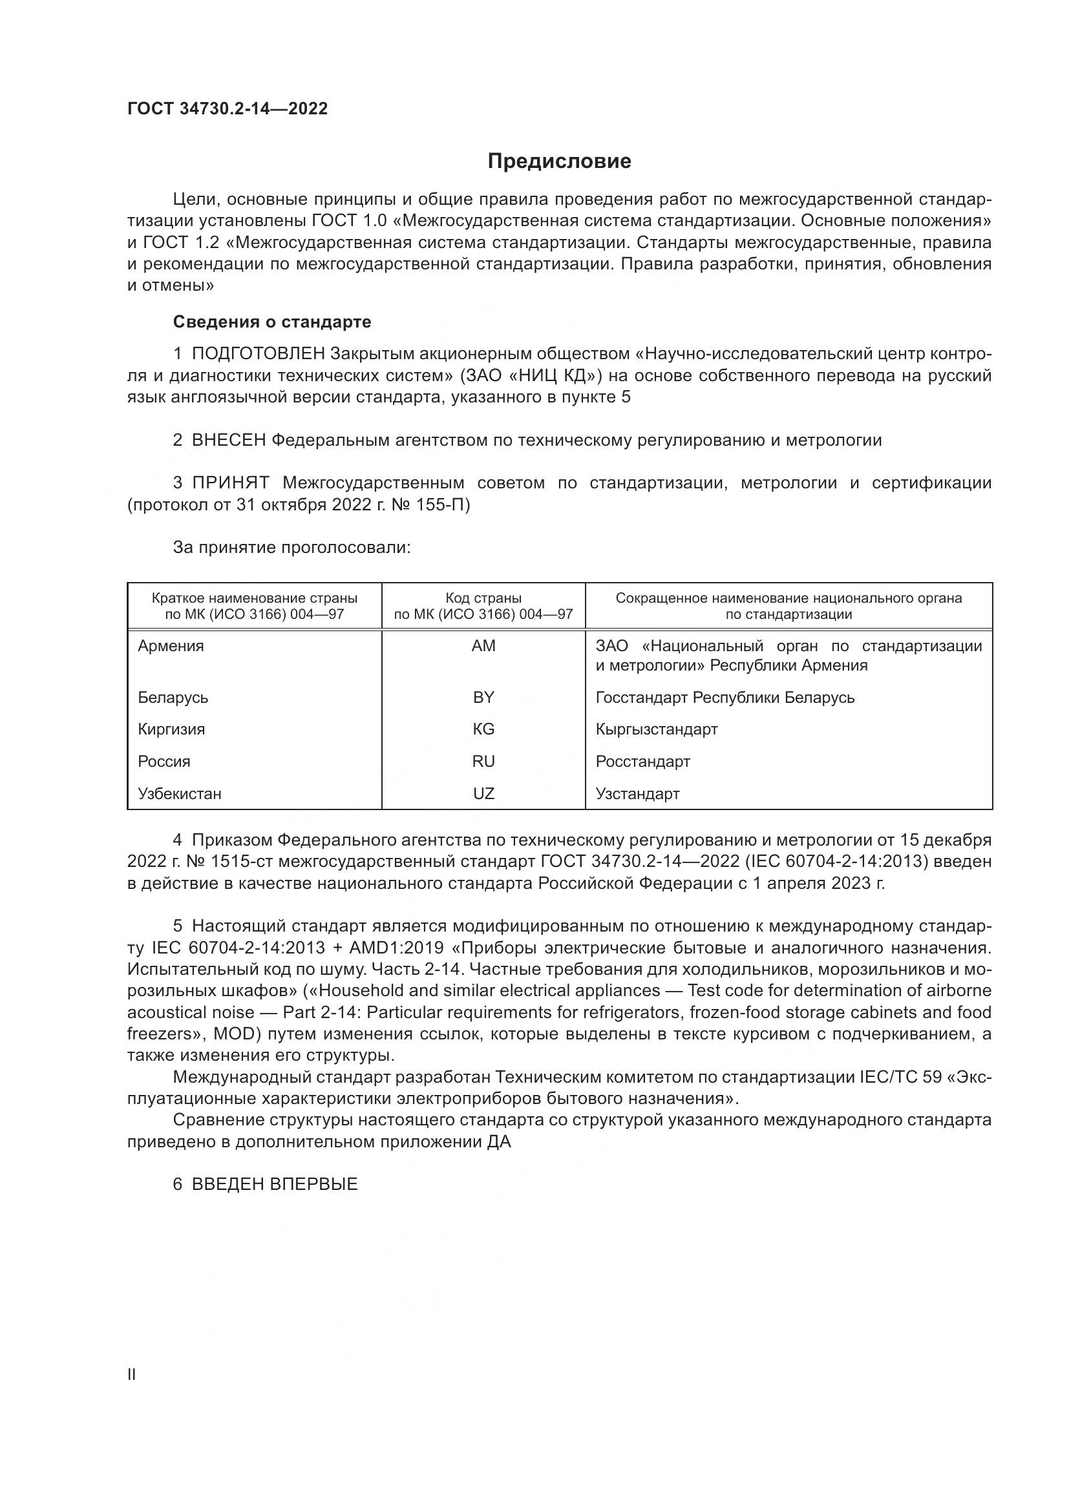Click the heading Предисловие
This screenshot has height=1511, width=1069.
pyautogui.click(x=559, y=162)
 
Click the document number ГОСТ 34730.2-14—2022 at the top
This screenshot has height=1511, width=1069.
pyautogui.click(x=227, y=109)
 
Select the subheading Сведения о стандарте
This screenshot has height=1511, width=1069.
pyautogui.click(x=272, y=322)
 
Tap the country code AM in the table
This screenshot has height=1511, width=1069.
pyautogui.click(x=483, y=645)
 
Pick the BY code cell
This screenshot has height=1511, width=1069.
pyautogui.click(x=483, y=697)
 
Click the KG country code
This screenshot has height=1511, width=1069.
pyautogui.click(x=483, y=729)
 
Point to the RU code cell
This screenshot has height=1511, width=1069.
pyautogui.click(x=483, y=762)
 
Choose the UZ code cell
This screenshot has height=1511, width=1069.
pyautogui.click(x=483, y=794)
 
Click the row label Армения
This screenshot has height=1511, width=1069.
pyautogui.click(x=171, y=645)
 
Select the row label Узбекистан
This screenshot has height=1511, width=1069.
pyautogui.click(x=179, y=794)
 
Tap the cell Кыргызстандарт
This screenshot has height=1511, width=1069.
pyautogui.click(x=656, y=729)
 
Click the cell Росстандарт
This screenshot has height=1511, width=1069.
pyautogui.click(x=642, y=762)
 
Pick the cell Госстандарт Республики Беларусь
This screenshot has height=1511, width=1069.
pyautogui.click(x=725, y=697)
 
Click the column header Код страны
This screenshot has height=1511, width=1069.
pyautogui.click(x=483, y=598)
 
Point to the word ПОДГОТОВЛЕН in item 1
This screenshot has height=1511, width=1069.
pyautogui.click(x=258, y=354)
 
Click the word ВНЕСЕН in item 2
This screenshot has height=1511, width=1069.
pyautogui.click(x=228, y=441)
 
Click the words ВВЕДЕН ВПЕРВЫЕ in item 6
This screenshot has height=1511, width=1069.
pyautogui.click(x=275, y=1185)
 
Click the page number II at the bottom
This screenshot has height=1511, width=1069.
pyautogui.click(x=132, y=1374)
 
